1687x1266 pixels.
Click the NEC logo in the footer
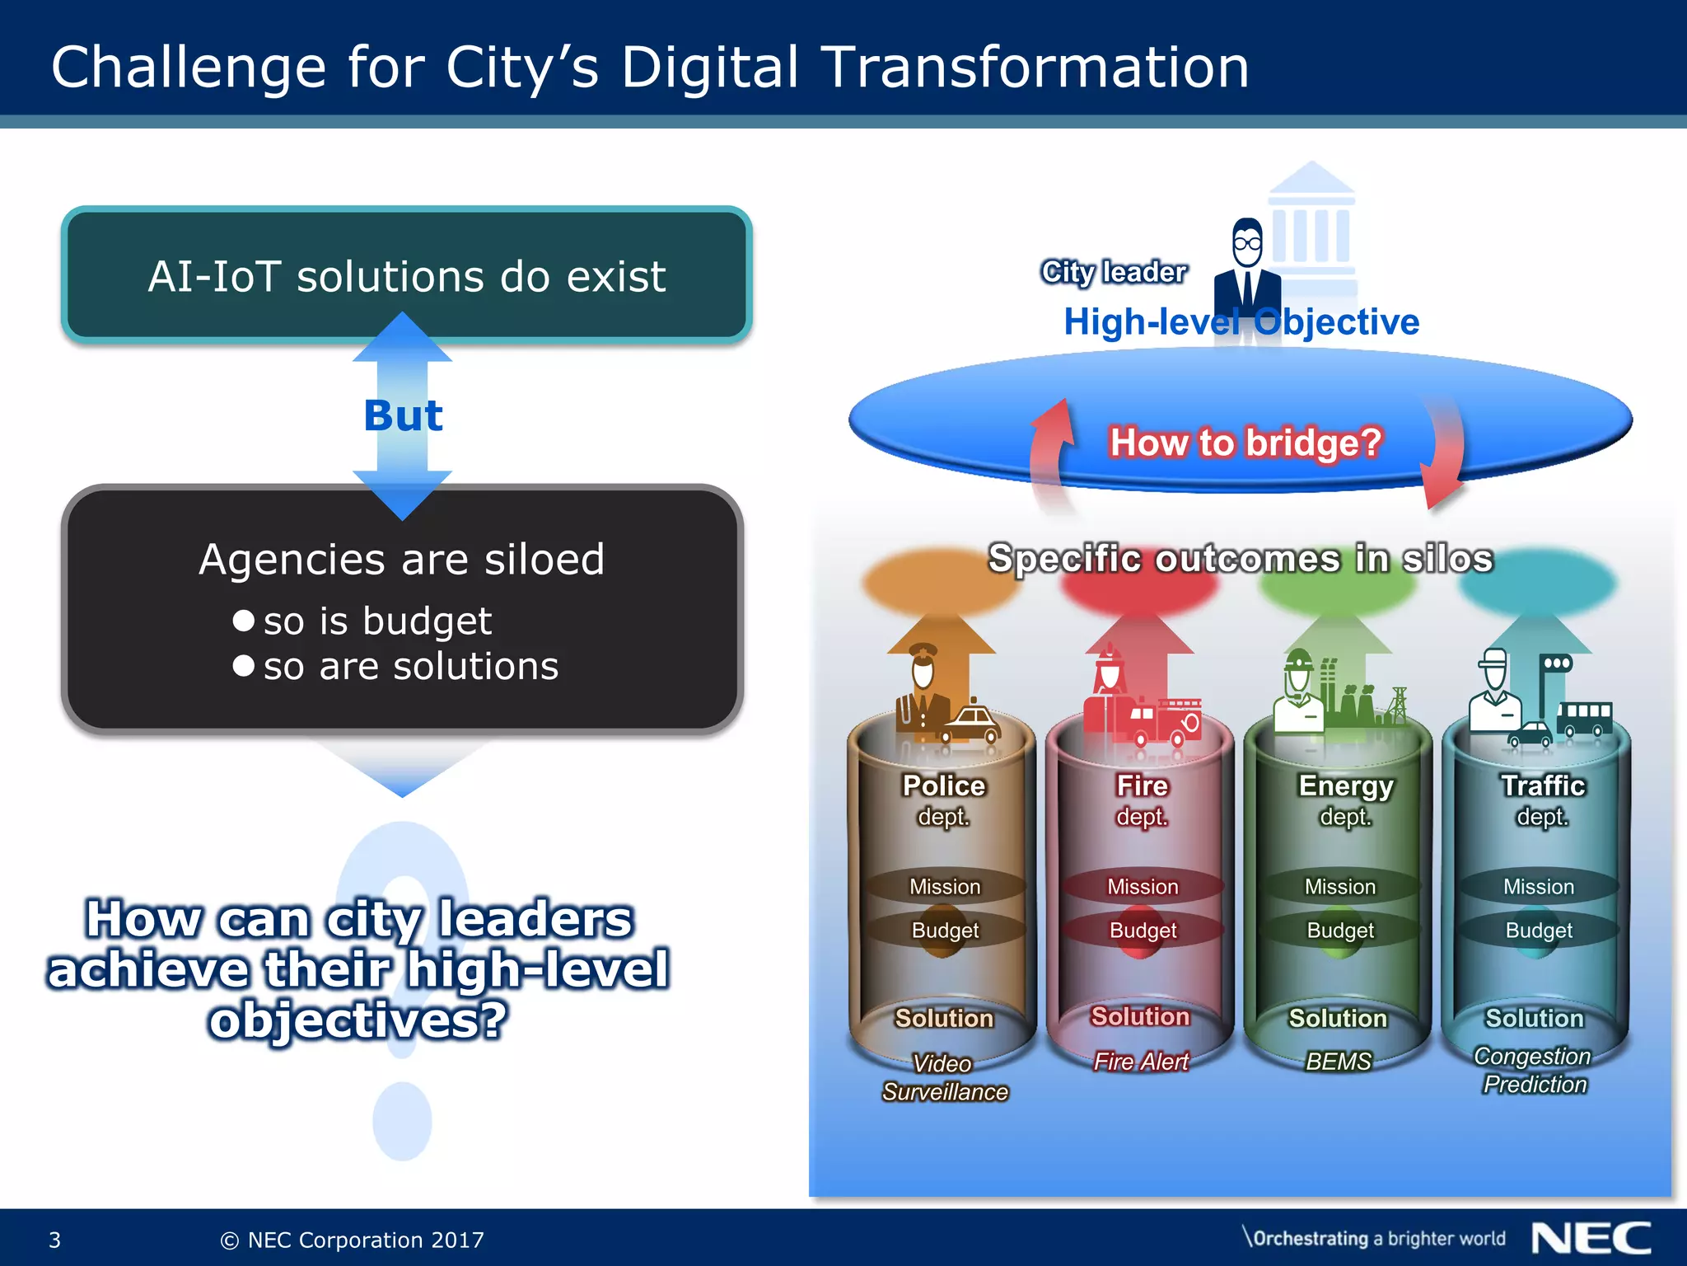[x=1591, y=1238]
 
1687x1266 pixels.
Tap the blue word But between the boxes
[x=403, y=415]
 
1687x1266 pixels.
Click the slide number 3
[x=55, y=1240]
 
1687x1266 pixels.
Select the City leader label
[x=1114, y=271]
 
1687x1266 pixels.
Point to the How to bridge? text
[x=1245, y=443]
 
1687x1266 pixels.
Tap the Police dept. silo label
[x=944, y=799]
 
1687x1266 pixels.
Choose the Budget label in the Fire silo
[x=1143, y=931]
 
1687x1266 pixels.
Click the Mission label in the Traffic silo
[x=1538, y=887]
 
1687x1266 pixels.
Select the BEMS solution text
[x=1339, y=1062]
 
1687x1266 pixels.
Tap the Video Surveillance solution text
[x=945, y=1077]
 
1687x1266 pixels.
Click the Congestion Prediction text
[x=1534, y=1070]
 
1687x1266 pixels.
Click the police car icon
[x=971, y=724]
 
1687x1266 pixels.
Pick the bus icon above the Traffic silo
[x=1583, y=718]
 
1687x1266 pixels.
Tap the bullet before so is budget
[x=243, y=621]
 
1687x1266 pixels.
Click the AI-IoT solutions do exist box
[x=406, y=275]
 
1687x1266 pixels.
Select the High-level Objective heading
[x=1241, y=321]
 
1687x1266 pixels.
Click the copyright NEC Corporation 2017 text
[x=353, y=1240]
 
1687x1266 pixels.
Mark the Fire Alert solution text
[x=1141, y=1062]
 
